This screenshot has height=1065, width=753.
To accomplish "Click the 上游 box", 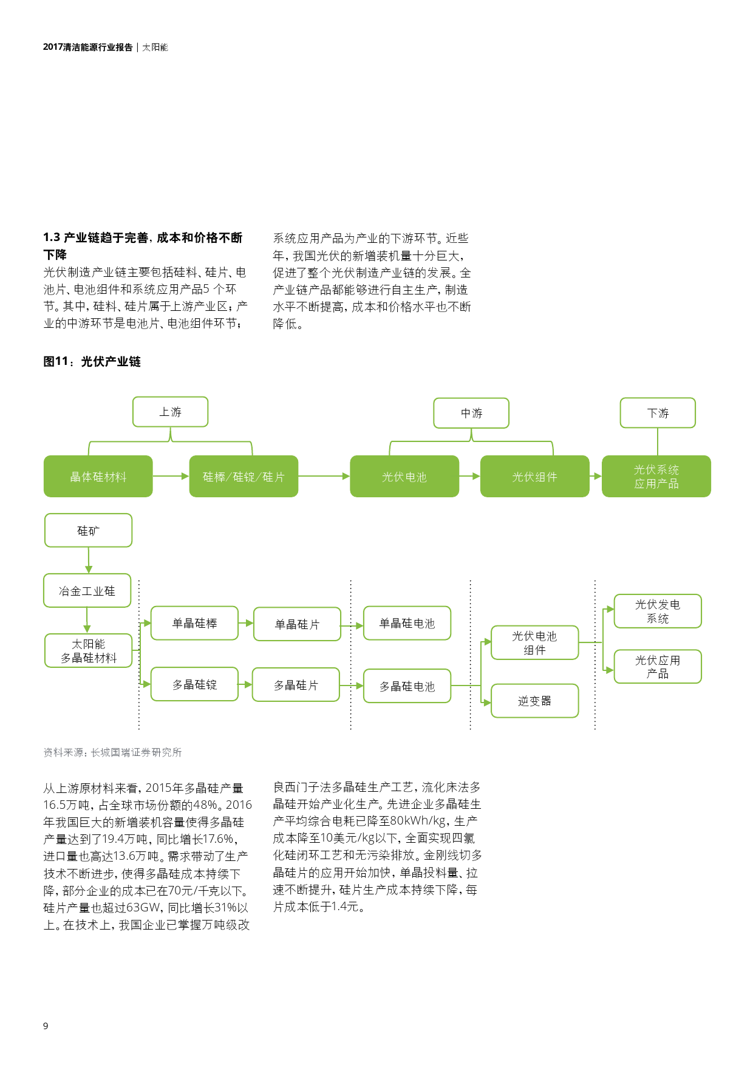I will (170, 412).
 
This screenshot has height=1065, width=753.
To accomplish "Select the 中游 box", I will (471, 413).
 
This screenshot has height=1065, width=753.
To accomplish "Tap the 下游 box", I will (658, 413).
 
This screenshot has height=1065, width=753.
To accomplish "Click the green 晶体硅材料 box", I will (98, 477).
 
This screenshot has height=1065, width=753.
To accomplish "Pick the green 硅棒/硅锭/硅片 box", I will (244, 477).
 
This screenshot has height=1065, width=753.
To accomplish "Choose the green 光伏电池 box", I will (404, 477).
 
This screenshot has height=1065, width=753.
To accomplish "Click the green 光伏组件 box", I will (534, 477).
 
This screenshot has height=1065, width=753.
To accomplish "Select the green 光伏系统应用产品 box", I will (656, 477).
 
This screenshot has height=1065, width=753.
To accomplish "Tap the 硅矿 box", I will (88, 531).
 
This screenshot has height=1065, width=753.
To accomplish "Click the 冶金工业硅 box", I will (87, 591).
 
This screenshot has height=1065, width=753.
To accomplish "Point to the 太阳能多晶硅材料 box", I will (88, 651).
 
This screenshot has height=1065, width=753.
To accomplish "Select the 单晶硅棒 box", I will (194, 623).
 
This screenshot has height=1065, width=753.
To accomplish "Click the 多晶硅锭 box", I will (194, 684).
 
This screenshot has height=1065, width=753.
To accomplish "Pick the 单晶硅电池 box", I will (407, 623).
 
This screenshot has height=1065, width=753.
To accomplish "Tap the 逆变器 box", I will (534, 701).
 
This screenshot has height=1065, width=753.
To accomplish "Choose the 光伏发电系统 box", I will (658, 611).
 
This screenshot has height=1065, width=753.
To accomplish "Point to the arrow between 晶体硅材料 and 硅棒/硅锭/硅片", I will (171, 476).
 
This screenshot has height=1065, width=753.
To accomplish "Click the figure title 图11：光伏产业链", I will (92, 362).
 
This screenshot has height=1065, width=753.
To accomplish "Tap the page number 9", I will (46, 1026).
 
